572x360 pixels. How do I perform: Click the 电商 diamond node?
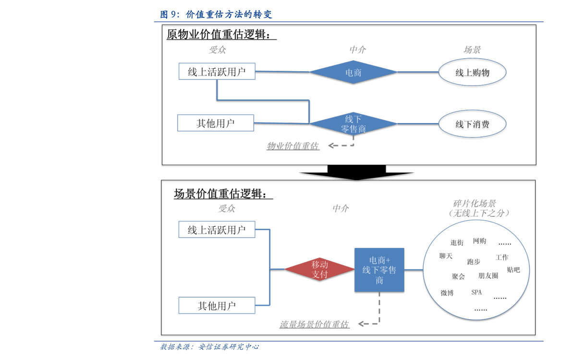click(x=353, y=72)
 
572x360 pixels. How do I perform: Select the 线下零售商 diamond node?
click(x=353, y=124)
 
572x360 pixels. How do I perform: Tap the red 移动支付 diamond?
click(x=319, y=269)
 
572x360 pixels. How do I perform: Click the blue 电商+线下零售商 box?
click(x=379, y=270)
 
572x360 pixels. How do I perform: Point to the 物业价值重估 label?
click(x=292, y=146)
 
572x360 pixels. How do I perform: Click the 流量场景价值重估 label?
click(x=314, y=324)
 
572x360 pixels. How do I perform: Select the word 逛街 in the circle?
click(x=457, y=243)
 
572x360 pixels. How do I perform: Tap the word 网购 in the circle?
click(x=479, y=241)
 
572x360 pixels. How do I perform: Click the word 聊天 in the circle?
click(x=446, y=256)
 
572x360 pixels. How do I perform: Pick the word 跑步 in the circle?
click(x=474, y=262)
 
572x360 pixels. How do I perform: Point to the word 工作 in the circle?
click(x=502, y=258)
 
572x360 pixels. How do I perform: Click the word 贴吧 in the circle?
click(x=513, y=270)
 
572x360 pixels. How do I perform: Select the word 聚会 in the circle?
click(x=458, y=276)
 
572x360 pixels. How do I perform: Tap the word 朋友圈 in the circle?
click(x=488, y=275)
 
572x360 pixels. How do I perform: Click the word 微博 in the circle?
click(x=447, y=293)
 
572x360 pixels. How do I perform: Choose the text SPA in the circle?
click(x=476, y=292)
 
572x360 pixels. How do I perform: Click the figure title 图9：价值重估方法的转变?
click(x=216, y=14)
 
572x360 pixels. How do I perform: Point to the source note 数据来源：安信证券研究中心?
click(x=209, y=347)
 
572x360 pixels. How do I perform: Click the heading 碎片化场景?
click(x=475, y=203)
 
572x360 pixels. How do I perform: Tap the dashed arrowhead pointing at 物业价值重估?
click(x=331, y=146)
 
